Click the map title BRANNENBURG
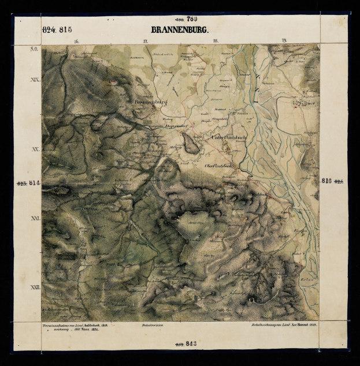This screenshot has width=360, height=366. click(180, 29)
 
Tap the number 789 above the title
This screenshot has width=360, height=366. click(192, 19)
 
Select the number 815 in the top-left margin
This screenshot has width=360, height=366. click(65, 29)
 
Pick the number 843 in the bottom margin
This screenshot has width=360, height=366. click(191, 344)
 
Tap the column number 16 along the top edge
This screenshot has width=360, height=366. click(76, 41)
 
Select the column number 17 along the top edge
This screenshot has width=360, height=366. click(145, 41)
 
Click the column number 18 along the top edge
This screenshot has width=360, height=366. click(215, 41)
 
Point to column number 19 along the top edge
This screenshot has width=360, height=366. click(284, 41)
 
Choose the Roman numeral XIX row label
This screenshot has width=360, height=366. click(34, 79)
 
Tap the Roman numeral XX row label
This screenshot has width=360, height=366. click(35, 149)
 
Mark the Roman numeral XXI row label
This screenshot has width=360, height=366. click(35, 218)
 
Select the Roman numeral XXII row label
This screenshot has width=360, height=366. click(34, 287)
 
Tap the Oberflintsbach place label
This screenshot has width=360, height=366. click(220, 166)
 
